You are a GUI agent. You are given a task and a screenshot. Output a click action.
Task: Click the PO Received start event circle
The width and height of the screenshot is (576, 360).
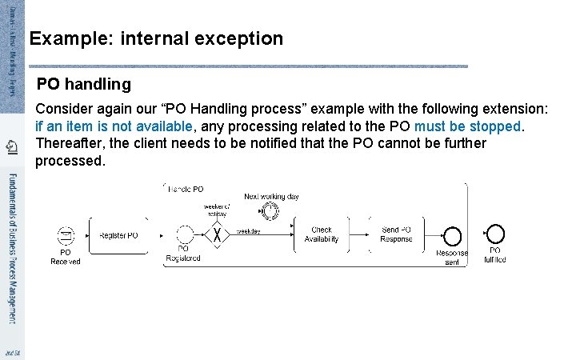point(66,237)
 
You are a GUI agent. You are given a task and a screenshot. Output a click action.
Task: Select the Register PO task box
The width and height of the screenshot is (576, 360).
point(118,236)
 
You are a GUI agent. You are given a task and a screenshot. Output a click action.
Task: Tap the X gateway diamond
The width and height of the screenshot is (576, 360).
point(216,235)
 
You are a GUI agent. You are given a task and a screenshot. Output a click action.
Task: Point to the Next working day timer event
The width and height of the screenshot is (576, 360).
point(270,211)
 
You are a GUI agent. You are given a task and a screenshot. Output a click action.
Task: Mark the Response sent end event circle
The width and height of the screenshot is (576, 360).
point(452,236)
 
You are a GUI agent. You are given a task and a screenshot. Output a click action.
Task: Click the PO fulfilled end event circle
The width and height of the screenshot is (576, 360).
point(495,234)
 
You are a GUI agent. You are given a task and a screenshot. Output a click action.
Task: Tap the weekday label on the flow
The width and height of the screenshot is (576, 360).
point(248,231)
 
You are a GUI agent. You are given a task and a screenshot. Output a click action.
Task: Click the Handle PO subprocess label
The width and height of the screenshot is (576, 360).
point(186,188)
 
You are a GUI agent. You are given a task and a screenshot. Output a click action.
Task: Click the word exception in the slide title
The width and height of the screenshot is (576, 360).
point(243,38)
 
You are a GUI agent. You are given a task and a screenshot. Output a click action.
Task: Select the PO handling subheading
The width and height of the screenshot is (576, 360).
point(84,83)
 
